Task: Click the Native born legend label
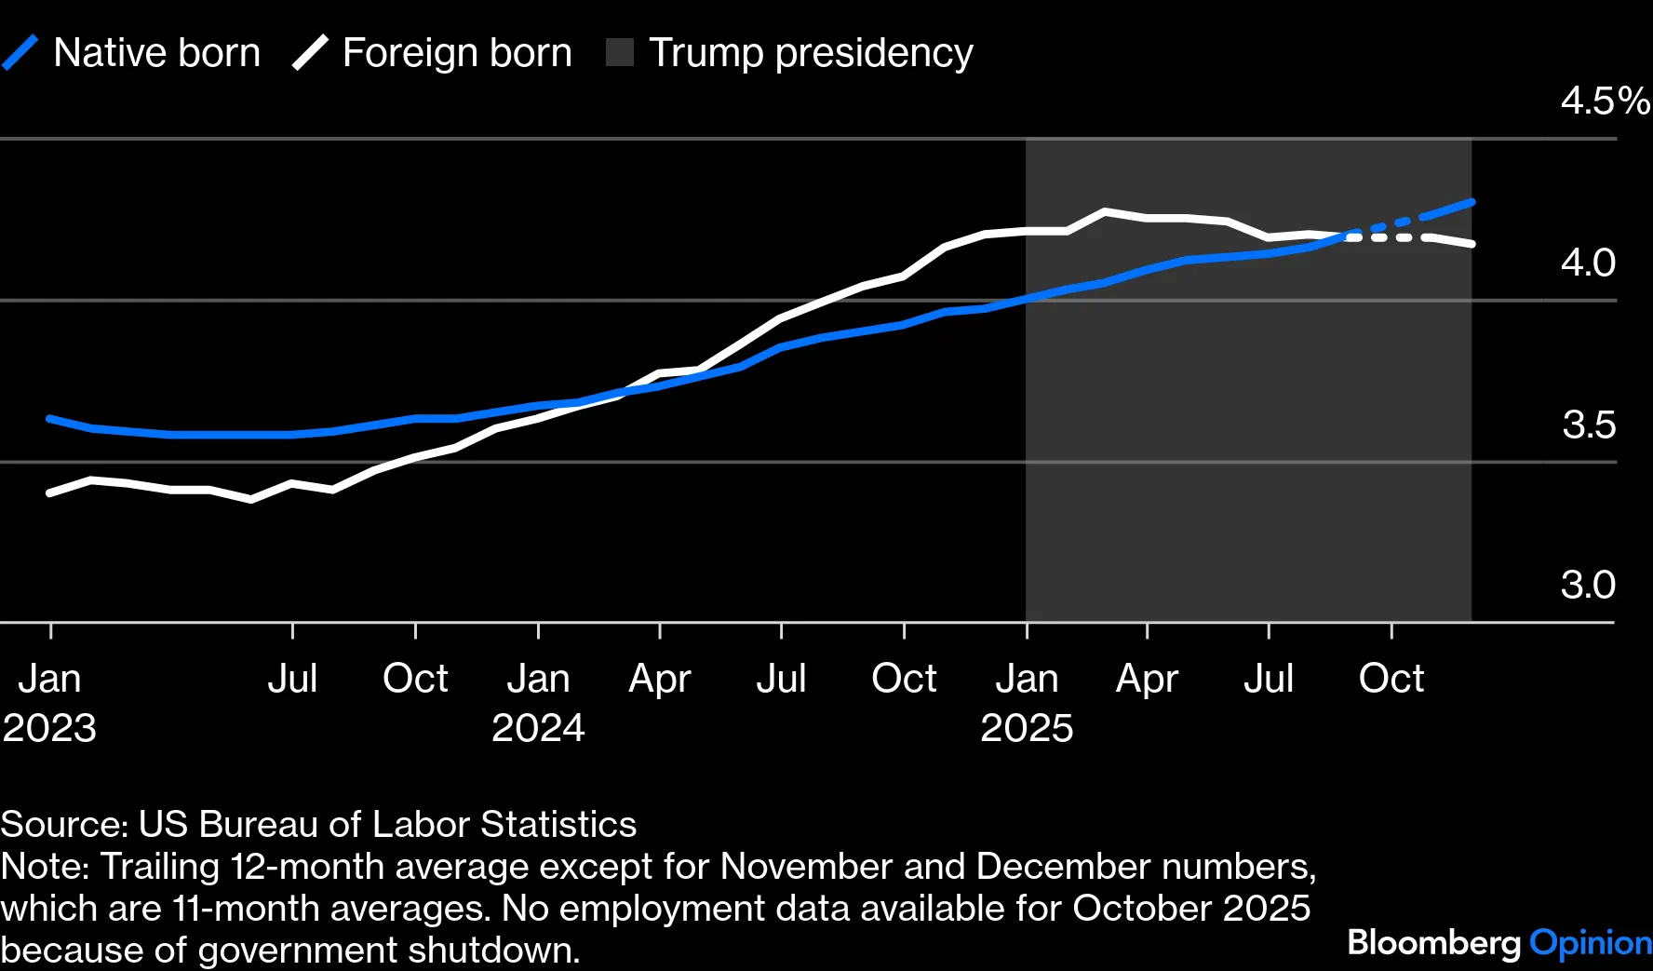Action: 156,53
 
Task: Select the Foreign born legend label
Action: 456,53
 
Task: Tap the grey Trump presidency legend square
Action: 620,53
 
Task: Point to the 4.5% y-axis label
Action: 1604,101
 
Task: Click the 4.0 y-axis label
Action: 1588,263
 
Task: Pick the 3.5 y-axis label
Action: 1588,425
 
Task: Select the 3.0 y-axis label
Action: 1588,586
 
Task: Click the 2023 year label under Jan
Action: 49,728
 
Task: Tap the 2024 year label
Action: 538,728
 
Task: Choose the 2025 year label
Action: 1027,728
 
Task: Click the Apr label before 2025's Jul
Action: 1147,679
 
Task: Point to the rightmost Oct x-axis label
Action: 1391,679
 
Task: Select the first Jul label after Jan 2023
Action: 292,679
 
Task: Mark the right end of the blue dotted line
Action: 1472,202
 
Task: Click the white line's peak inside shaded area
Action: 1105,211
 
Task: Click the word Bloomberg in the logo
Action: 1433,943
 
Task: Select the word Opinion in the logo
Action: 1591,943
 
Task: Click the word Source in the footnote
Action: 62,825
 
